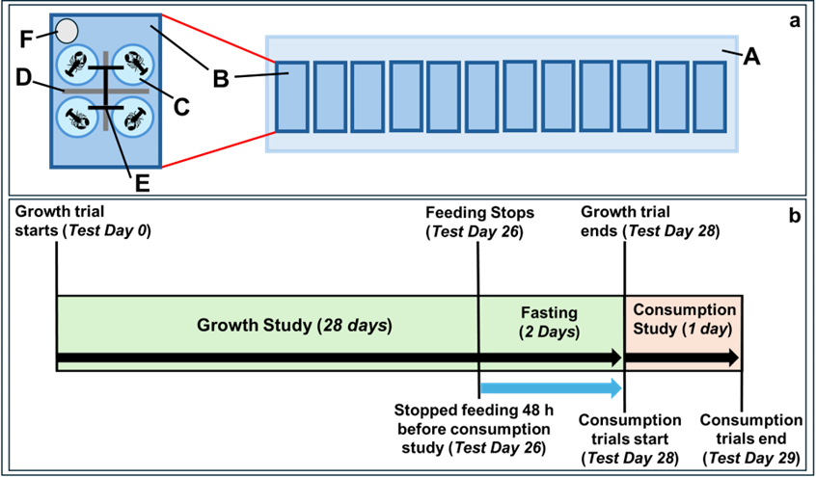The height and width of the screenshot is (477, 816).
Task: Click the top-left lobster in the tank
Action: [x=76, y=65]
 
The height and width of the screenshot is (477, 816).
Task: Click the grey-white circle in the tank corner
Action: [x=67, y=32]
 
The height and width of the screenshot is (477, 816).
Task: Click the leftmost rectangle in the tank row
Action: [x=291, y=96]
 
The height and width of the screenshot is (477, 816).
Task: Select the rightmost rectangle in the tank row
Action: [x=709, y=96]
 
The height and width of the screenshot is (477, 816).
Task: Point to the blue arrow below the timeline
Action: [x=551, y=388]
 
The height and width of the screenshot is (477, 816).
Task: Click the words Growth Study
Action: [x=254, y=326]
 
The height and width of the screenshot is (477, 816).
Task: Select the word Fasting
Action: [x=549, y=313]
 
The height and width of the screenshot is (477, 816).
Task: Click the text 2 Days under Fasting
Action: [x=549, y=332]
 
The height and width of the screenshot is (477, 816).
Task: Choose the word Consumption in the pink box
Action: [x=684, y=310]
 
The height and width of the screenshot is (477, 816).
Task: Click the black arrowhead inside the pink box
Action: [x=732, y=358]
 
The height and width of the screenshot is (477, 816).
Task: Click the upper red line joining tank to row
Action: [x=217, y=39]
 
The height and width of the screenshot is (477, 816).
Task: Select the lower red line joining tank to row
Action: [x=217, y=148]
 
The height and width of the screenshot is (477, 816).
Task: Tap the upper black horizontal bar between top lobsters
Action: [x=104, y=68]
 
